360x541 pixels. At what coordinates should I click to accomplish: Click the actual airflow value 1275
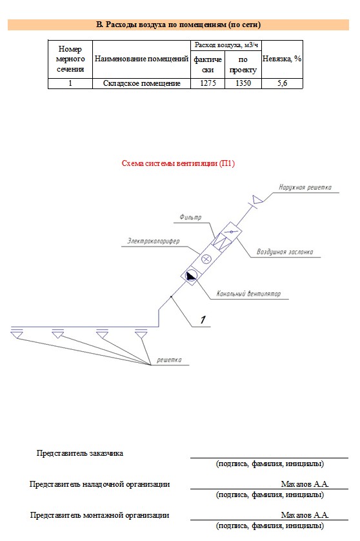pos(208,83)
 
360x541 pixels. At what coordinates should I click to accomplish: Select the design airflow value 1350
pos(243,83)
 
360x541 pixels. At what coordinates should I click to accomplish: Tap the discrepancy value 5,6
pos(282,83)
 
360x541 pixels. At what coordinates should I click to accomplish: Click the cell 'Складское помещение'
pos(142,83)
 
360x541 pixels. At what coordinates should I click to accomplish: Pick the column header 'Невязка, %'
pos(282,59)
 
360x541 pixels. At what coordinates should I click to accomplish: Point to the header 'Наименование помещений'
pos(141,59)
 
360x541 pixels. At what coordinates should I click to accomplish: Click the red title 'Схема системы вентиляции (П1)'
pos(178,163)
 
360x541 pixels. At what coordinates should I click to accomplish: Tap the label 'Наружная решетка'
pos(305,187)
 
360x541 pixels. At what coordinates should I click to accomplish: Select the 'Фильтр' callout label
pos(190,217)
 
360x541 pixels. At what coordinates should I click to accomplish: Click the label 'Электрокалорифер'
pos(154,241)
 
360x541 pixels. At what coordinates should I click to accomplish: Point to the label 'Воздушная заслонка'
pos(285,252)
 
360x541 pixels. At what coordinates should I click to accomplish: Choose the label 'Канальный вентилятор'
pos(248,294)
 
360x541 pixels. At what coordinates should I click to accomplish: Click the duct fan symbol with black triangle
pos(191,276)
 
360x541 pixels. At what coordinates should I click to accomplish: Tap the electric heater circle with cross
pos(206,259)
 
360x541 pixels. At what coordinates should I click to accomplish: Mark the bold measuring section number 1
pos(203,320)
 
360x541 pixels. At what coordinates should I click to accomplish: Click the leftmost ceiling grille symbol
pos(17,333)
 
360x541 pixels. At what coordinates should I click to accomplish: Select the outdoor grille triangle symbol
pos(257,199)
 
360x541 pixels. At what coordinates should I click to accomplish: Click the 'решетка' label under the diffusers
pos(169,360)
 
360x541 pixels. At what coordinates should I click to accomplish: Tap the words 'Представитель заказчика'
pos(79,453)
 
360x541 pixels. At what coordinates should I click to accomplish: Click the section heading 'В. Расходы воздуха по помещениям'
pos(178,25)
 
